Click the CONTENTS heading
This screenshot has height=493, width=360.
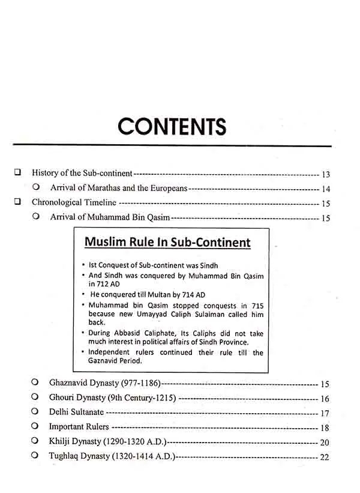pyautogui.click(x=172, y=127)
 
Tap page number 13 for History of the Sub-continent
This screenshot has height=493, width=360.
pyautogui.click(x=326, y=175)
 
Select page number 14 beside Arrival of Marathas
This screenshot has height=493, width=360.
pyautogui.click(x=326, y=189)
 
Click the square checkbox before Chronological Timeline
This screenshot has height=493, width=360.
pyautogui.click(x=17, y=202)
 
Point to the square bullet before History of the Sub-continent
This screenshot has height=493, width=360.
pyautogui.click(x=17, y=172)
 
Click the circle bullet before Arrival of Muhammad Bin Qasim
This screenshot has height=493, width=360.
pyautogui.click(x=37, y=216)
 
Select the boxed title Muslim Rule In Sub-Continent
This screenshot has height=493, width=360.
pyautogui.click(x=167, y=243)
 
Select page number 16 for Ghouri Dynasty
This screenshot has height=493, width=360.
pyautogui.click(x=326, y=398)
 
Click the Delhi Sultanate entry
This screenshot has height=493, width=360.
pyautogui.click(x=77, y=413)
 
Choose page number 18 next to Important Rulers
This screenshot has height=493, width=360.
pyautogui.click(x=326, y=428)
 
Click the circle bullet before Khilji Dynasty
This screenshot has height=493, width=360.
pyautogui.click(x=37, y=441)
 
